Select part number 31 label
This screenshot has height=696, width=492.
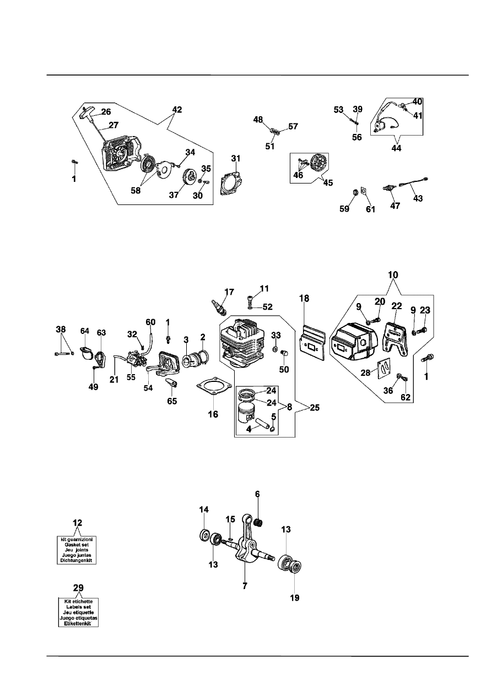236,159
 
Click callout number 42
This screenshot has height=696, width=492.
177,109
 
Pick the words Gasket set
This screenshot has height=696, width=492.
77,544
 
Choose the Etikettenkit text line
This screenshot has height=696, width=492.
78,623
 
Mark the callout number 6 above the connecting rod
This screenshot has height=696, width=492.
257,494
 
